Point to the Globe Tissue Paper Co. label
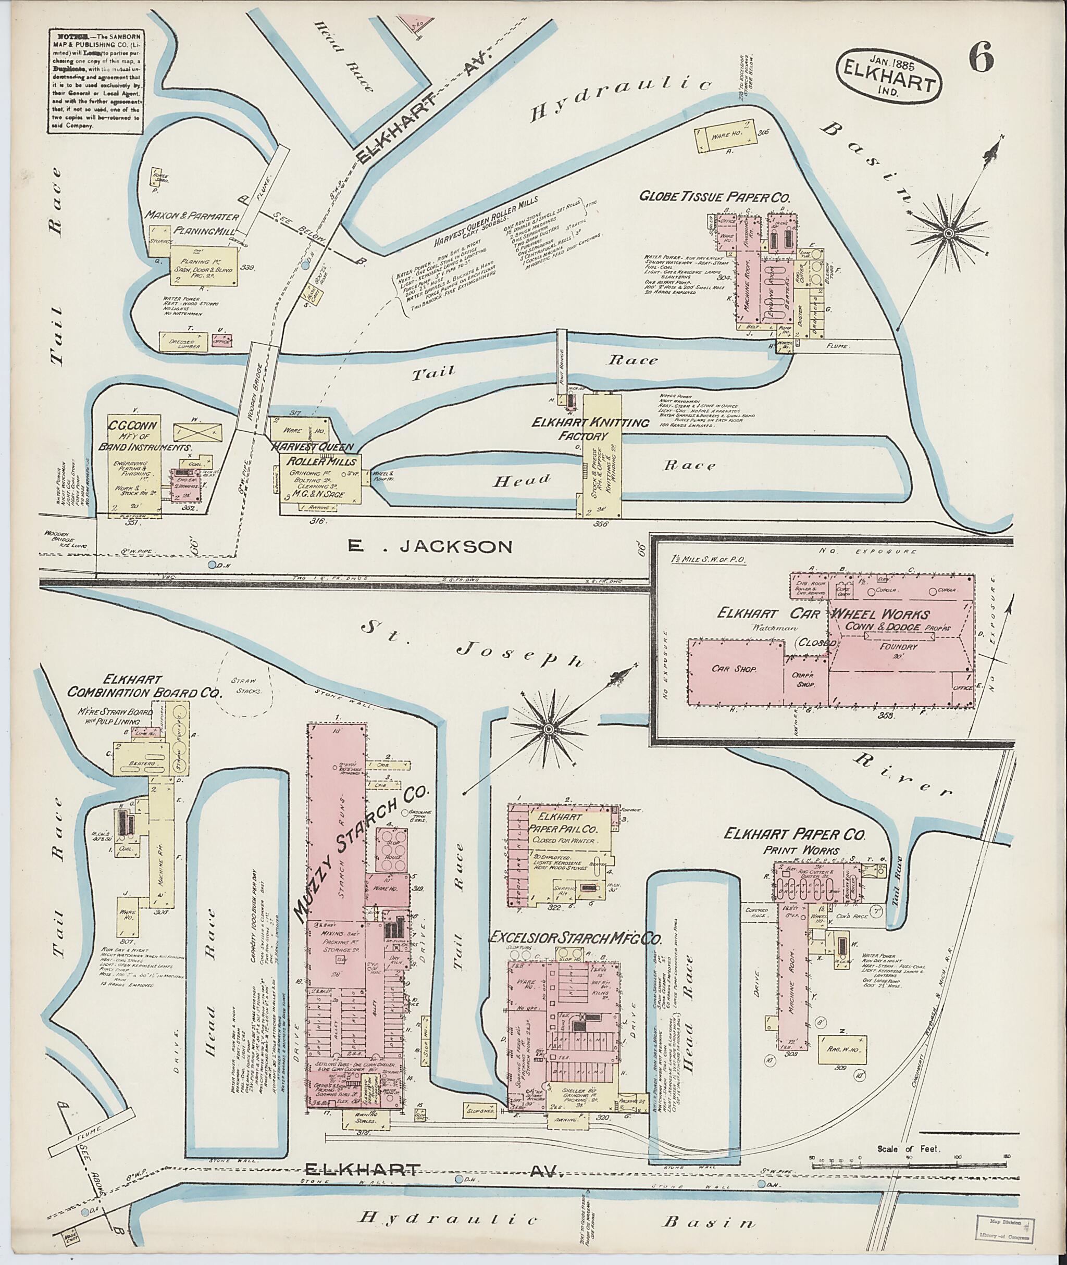point(716,197)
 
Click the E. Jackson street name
point(430,547)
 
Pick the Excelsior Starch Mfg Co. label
point(576,939)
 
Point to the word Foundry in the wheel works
point(899,646)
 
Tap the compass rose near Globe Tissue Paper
point(948,232)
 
